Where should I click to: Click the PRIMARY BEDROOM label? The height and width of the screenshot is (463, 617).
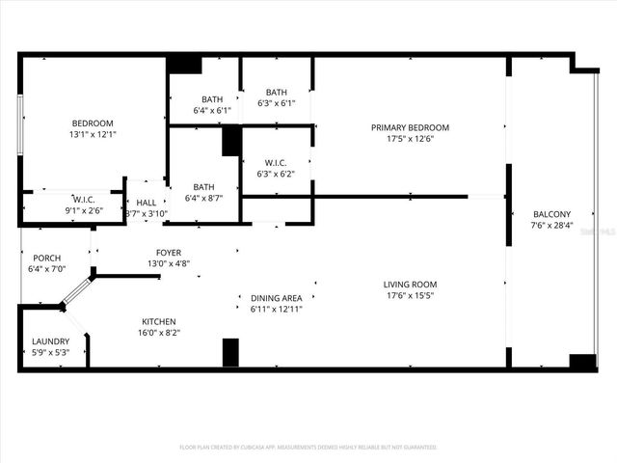pyautogui.click(x=411, y=127)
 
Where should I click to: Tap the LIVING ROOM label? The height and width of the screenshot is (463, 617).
pyautogui.click(x=411, y=285)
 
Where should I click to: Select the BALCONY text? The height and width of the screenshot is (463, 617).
pyautogui.click(x=551, y=214)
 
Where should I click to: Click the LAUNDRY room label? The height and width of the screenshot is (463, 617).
pyautogui.click(x=50, y=341)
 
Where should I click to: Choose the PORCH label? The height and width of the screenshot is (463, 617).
pyautogui.click(x=47, y=259)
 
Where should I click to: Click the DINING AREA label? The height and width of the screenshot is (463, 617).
pyautogui.click(x=277, y=298)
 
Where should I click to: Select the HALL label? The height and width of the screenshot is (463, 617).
pyautogui.click(x=147, y=203)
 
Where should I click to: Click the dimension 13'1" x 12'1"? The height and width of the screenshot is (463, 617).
pyautogui.click(x=94, y=134)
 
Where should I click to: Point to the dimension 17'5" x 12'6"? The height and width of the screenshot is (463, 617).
pyautogui.click(x=411, y=138)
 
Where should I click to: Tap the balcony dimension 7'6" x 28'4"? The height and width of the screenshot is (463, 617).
pyautogui.click(x=551, y=225)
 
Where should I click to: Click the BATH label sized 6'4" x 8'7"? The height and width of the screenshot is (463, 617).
pyautogui.click(x=203, y=187)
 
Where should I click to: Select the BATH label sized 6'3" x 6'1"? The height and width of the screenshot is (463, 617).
pyautogui.click(x=277, y=93)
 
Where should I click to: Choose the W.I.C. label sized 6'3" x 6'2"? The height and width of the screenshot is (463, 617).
pyautogui.click(x=277, y=164)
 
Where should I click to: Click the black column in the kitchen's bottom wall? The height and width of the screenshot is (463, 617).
pyautogui.click(x=230, y=352)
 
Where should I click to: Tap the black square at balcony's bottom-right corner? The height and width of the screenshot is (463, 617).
pyautogui.click(x=582, y=362)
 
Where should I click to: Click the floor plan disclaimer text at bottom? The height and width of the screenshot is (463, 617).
pyautogui.click(x=308, y=448)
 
